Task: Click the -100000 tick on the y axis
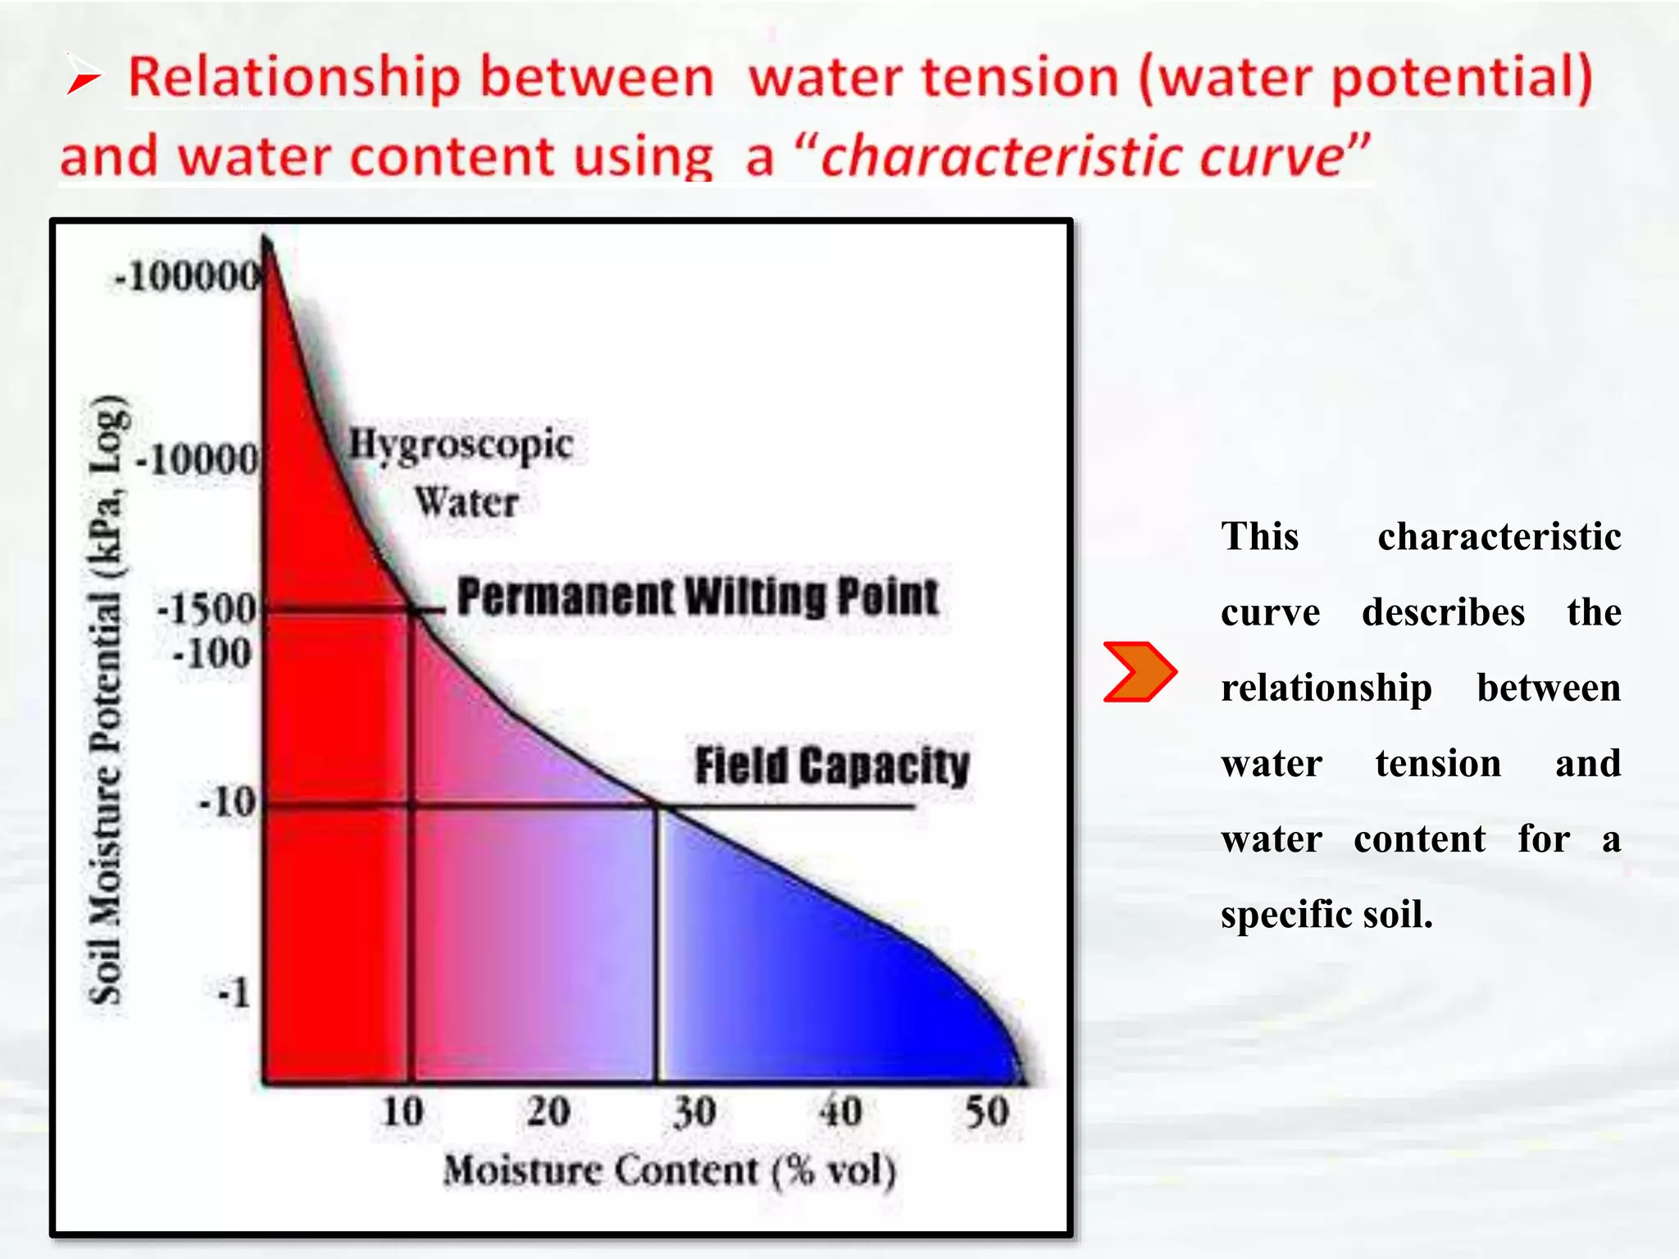187,276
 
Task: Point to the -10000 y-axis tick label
198,459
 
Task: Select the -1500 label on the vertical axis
207,609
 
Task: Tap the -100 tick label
212,653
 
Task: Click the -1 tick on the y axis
234,993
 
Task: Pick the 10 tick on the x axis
403,1112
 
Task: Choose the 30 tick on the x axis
694,1112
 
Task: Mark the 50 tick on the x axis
986,1112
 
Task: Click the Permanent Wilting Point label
698,597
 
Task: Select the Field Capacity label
831,766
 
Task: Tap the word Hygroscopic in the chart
461,446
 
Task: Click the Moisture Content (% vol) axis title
669,1170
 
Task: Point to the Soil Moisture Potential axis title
107,701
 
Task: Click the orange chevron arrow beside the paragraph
1140,672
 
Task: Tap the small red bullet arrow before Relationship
83,76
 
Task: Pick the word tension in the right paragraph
1438,763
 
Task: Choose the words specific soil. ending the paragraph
1326,914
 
